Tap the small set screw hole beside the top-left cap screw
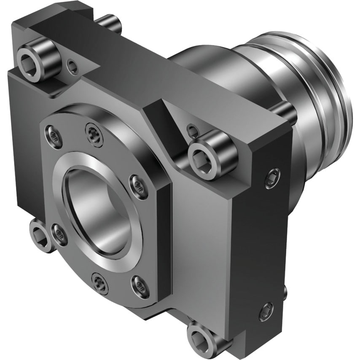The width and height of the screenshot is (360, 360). [x=73, y=66]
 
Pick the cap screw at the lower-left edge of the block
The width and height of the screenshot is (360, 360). [x=40, y=235]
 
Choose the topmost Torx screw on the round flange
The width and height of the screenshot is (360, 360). [x=94, y=134]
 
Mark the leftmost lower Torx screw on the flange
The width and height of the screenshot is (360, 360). [x=59, y=235]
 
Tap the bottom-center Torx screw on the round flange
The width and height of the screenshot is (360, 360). [x=99, y=284]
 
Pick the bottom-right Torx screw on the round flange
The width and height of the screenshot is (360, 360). [x=140, y=286]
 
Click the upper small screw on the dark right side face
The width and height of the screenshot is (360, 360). [x=272, y=178]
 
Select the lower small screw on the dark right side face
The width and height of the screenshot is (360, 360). [x=266, y=311]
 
